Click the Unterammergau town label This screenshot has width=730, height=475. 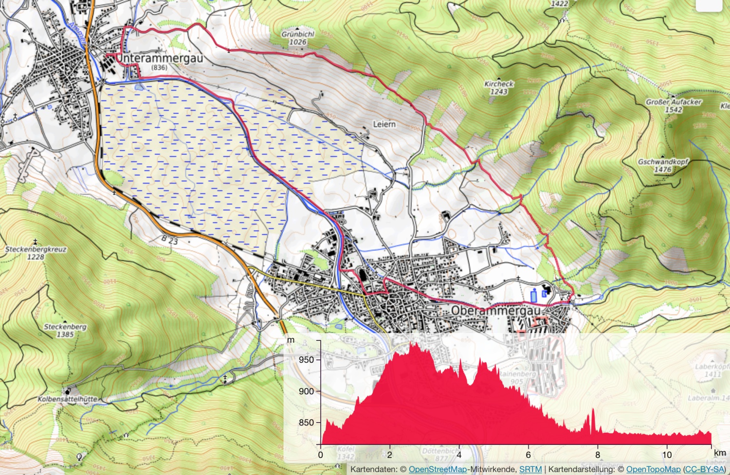coord(160,59)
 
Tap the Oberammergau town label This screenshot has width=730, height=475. coord(495,310)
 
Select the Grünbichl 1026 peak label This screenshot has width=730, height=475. coord(298,38)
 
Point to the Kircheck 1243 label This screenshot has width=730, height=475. coord(499,88)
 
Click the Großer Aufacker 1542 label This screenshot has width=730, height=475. coord(674,106)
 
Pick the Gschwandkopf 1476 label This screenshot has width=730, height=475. coord(663,165)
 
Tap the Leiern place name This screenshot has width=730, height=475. coord(384,124)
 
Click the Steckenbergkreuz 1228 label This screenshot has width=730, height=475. coord(36,253)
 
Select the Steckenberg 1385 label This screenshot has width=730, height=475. coord(65,331)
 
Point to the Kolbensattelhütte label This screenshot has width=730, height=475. coord(68,399)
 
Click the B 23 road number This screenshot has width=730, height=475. coord(170,240)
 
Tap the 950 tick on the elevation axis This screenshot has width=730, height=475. coord(307,360)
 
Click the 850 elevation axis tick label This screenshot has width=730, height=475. coord(307,422)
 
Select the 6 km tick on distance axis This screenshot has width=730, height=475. coord(528,455)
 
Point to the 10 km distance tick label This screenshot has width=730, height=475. coord(667,455)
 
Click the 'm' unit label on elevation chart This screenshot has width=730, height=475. coord(291,340)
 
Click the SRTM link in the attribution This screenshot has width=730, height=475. coord(530,469)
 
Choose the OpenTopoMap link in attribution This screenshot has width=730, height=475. coord(653,469)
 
